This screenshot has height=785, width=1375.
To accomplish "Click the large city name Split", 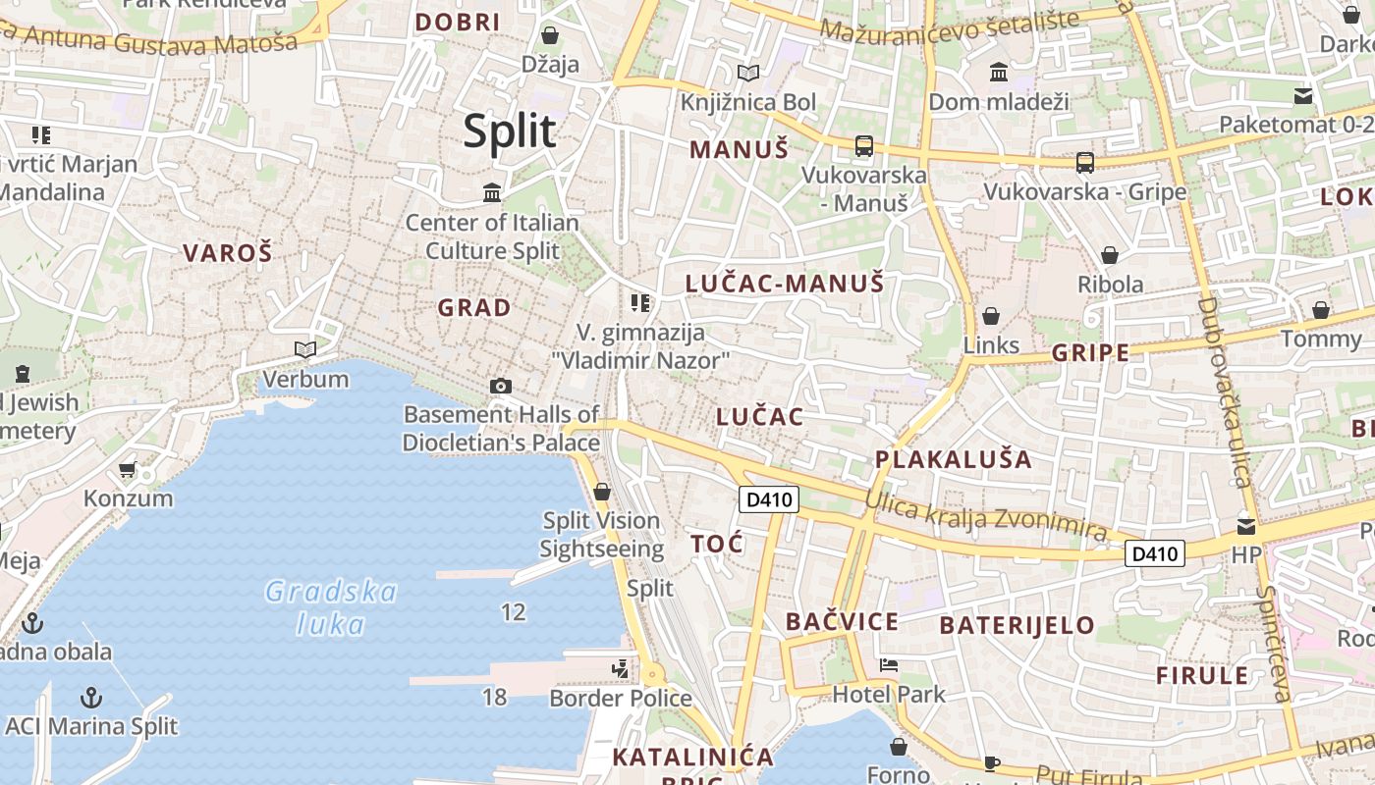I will point(510,131).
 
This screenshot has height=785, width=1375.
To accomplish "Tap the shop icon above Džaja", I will point(550,35).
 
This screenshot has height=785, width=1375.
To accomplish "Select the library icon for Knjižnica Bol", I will point(748,73).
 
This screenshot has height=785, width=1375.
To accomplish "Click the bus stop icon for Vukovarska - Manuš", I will point(864,146).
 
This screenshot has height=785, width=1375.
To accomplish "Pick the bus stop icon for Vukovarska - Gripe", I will point(1085,163).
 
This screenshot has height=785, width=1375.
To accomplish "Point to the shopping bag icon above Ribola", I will point(1110,255).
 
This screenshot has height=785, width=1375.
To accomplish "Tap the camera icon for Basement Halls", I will point(501,386).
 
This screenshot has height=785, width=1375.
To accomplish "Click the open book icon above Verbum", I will point(305,349).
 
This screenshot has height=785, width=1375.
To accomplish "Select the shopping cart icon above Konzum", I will point(127,470).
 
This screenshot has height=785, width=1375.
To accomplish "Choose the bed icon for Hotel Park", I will point(889,665).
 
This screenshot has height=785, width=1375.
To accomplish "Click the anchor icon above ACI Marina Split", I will point(91,698).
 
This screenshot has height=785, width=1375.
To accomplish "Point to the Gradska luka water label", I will point(331,607).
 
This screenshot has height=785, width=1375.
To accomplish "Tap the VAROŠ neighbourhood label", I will point(227,253).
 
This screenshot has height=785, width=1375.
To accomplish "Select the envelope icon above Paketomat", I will point(1303,96).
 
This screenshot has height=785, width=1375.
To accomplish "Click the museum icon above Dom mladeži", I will point(999,72).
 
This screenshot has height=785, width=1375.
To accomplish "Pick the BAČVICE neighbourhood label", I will point(842,621).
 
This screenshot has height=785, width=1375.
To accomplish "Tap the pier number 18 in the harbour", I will point(494,697).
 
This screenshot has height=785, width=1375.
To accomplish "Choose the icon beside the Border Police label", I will point(620,669).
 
